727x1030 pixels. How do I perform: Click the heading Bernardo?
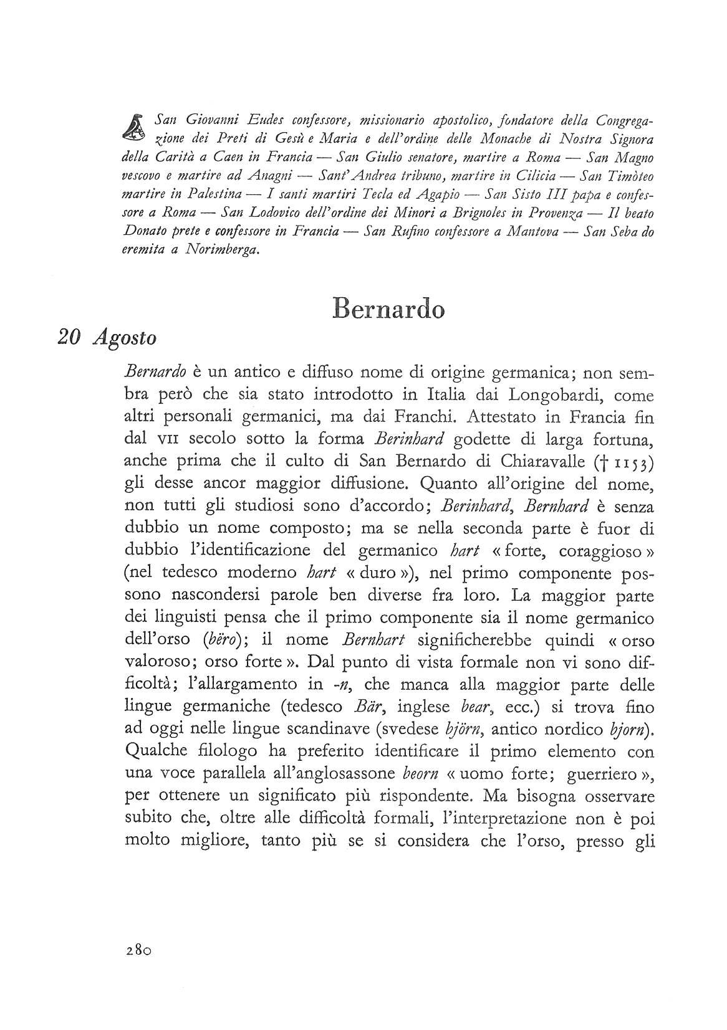388,309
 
